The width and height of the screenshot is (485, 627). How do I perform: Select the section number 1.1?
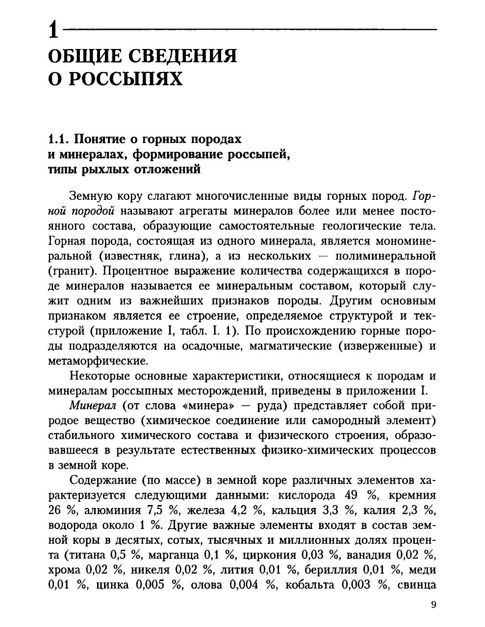60,139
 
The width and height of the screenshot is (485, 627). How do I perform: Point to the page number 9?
433,605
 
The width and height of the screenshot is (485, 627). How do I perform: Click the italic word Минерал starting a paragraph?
93,406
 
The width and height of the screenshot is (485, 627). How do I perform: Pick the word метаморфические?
98,362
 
